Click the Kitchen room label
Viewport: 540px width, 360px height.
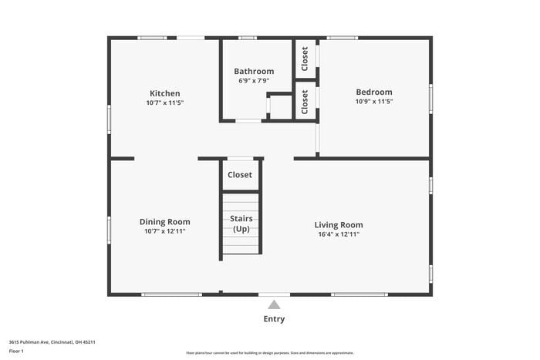click(x=164, y=93)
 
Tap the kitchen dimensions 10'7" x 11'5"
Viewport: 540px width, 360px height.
click(x=164, y=103)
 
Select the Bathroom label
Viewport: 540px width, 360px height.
click(x=254, y=72)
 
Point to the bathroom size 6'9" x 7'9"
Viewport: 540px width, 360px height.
click(x=254, y=80)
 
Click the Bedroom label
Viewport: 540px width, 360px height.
click(x=373, y=92)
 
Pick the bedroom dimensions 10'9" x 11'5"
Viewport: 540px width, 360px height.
click(x=373, y=101)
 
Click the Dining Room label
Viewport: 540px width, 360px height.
click(x=164, y=222)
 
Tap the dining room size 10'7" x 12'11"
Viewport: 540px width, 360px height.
click(x=164, y=231)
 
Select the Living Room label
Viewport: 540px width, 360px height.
click(x=339, y=225)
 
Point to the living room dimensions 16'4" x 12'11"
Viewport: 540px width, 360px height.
click(x=339, y=234)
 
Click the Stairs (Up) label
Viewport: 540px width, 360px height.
click(x=241, y=224)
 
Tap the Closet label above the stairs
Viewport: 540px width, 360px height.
click(x=240, y=175)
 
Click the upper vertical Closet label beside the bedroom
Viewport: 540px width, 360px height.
click(x=305, y=59)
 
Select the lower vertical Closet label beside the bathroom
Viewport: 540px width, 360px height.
click(x=305, y=102)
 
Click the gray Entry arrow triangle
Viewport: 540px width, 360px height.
click(x=274, y=305)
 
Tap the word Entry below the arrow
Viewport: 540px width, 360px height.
click(x=274, y=319)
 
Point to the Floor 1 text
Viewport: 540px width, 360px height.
click(x=16, y=351)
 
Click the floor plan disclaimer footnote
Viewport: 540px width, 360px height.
click(x=269, y=353)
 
